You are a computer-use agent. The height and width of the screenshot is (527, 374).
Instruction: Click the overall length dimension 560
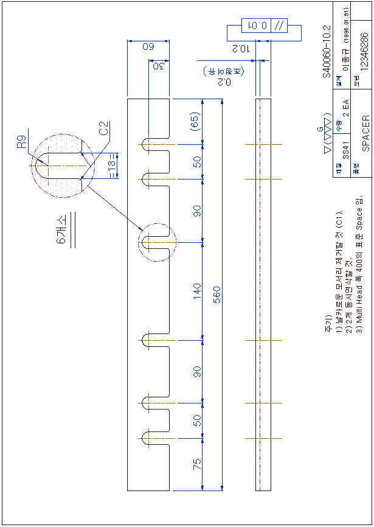click(x=216, y=295)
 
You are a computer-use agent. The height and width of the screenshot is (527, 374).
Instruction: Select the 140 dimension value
click(x=197, y=290)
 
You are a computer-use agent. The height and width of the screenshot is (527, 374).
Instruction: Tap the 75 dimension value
click(x=197, y=464)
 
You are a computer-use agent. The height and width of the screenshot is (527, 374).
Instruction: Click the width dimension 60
click(x=148, y=46)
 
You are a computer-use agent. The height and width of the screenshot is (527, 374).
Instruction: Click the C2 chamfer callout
click(x=104, y=128)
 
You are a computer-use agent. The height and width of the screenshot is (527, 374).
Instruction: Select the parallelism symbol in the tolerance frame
click(x=279, y=26)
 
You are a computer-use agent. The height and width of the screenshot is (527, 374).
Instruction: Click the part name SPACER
click(x=365, y=133)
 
